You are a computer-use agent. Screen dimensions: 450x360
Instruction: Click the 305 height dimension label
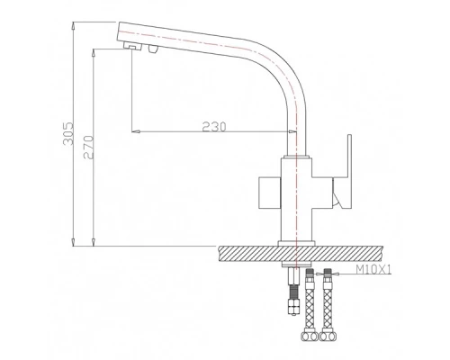(68, 133)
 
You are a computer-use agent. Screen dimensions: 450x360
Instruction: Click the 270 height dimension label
(88, 147)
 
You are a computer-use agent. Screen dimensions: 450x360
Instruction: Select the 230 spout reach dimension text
(214, 127)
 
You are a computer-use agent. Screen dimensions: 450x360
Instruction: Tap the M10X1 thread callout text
(373, 270)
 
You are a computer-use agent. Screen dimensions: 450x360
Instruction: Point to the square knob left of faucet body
(270, 193)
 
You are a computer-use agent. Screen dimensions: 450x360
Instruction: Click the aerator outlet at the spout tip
(133, 46)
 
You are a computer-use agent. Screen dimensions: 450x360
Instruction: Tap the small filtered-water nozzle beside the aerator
(153, 49)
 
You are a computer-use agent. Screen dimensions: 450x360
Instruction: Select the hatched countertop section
(301, 254)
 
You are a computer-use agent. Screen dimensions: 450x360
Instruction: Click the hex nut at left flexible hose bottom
(310, 336)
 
